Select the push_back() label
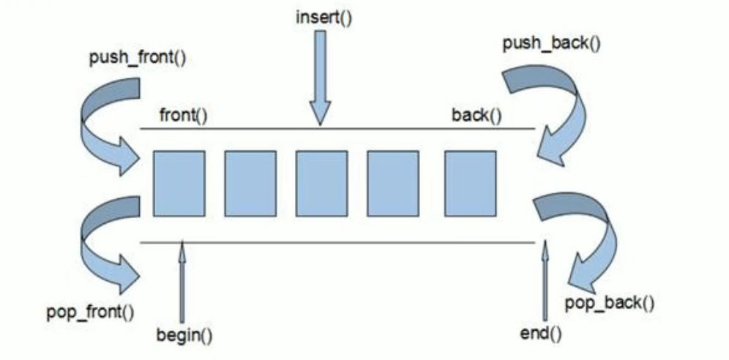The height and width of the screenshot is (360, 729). (551, 43)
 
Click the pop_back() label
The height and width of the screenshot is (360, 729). (610, 301)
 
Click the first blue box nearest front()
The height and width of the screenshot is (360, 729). (179, 184)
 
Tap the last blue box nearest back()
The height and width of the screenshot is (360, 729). (470, 184)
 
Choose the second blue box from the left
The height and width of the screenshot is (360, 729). (250, 184)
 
